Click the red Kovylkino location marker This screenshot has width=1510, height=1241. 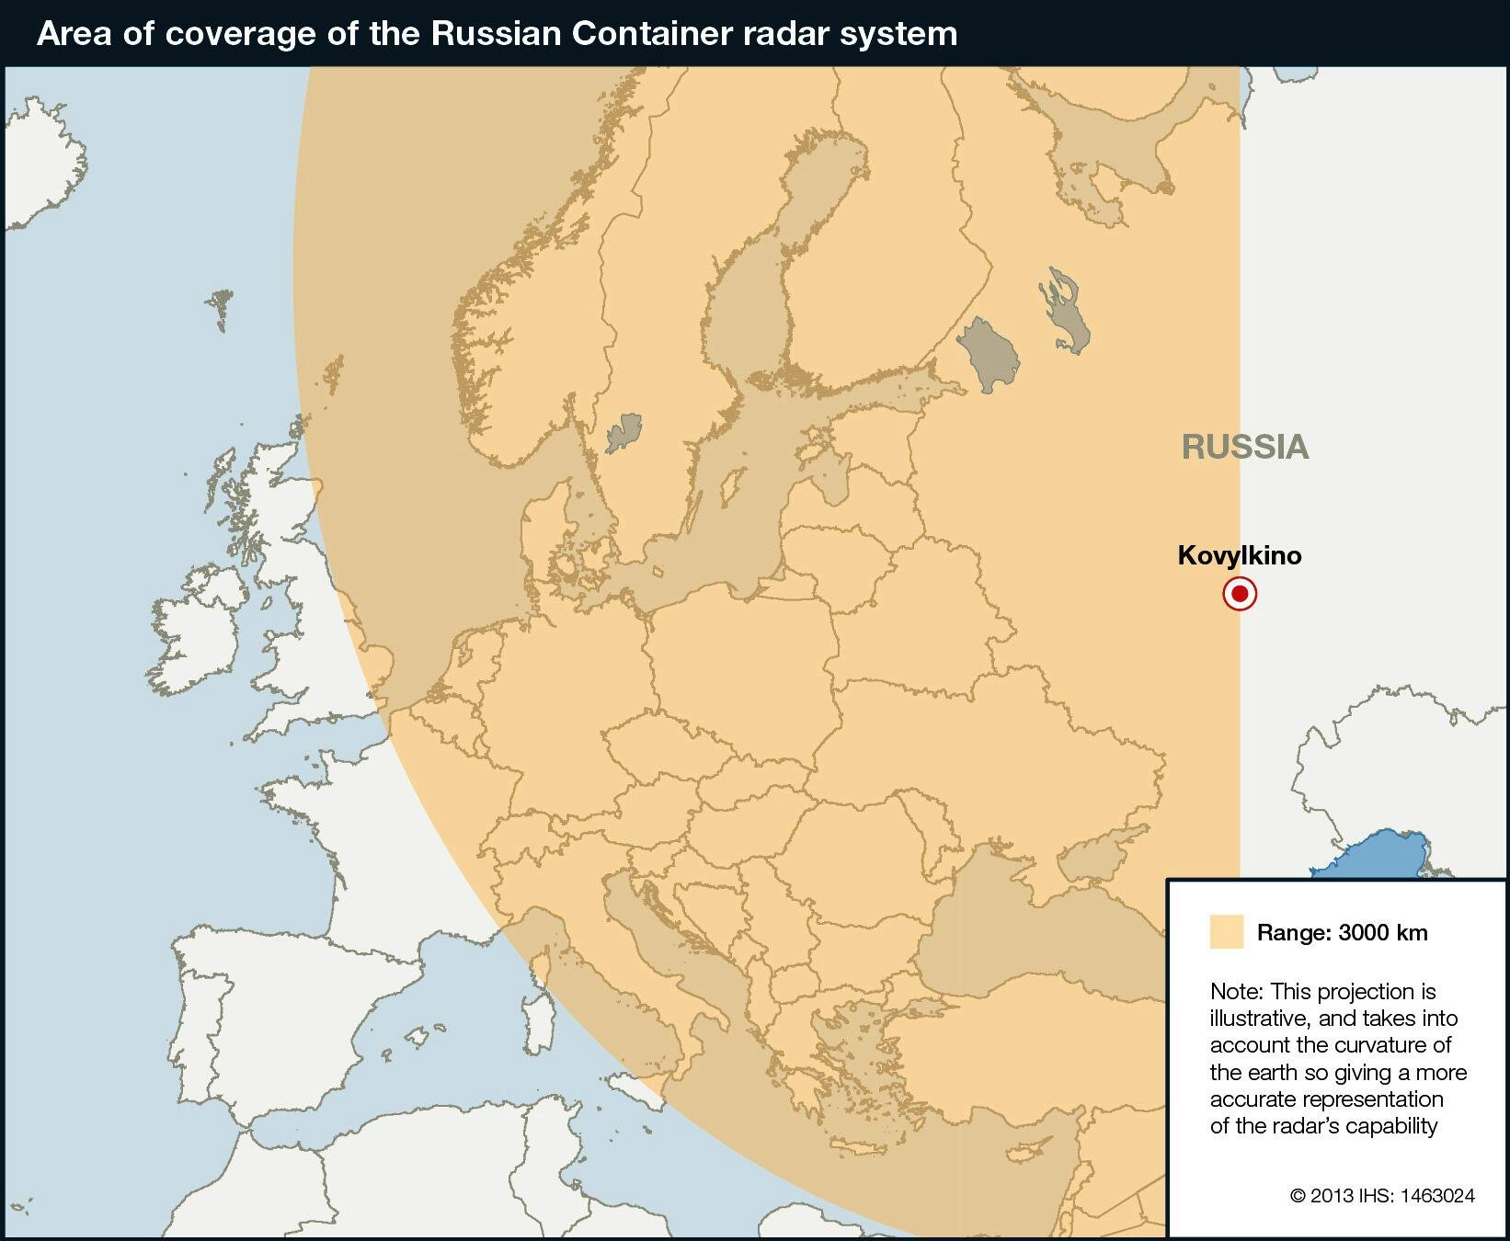pos(1240,594)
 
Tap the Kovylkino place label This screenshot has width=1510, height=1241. pos(1239,555)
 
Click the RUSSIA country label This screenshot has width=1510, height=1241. pos(1244,447)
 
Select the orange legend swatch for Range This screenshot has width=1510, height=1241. pos(1226,931)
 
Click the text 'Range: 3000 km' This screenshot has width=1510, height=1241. pos(1342,932)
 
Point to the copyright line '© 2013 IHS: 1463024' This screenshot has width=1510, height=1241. pos(1381,1195)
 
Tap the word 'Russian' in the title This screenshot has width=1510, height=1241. pos(496,33)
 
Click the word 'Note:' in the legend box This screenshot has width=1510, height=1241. pos(1238,991)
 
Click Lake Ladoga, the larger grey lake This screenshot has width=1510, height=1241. pos(990,354)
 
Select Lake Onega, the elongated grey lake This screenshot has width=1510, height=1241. pos(1067,313)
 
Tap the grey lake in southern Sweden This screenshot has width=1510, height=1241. pos(624,431)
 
